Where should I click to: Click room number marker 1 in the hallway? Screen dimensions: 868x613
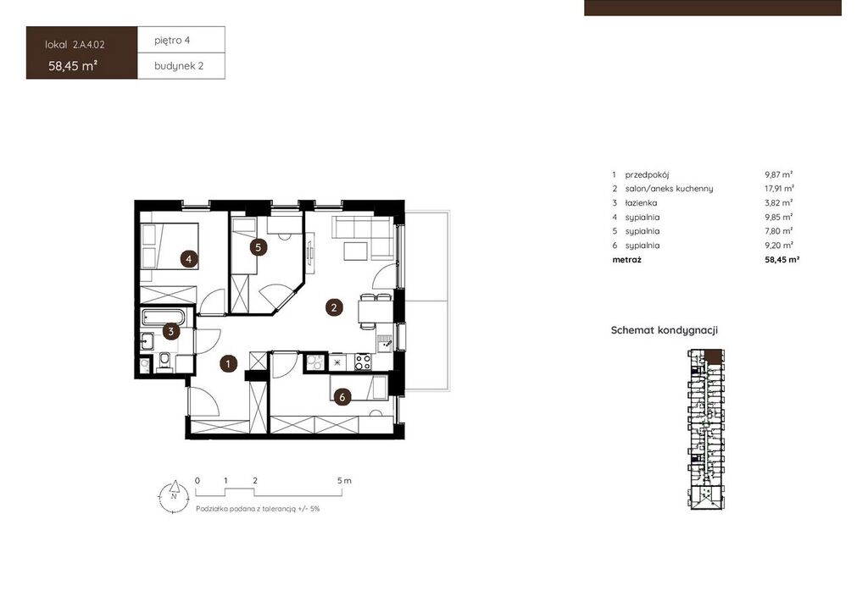[228, 364]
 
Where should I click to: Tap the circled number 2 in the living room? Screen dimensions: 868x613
[334, 307]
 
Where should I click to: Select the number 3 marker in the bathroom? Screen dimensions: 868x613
[171, 332]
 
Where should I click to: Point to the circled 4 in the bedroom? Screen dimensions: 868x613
[189, 259]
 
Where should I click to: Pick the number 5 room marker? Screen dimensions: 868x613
[259, 247]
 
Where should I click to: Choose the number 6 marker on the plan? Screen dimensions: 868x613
[342, 397]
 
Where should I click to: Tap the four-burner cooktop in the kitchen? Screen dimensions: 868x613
[363, 362]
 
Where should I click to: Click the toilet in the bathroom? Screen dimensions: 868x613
[164, 362]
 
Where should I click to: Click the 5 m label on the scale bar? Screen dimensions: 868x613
[344, 481]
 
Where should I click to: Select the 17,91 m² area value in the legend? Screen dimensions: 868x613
[780, 189]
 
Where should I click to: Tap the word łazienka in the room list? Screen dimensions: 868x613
[641, 203]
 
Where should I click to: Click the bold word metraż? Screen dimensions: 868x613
[626, 259]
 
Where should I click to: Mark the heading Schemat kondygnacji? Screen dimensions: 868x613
[665, 330]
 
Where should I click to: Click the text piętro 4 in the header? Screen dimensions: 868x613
[172, 41]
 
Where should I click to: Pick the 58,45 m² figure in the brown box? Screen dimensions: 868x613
[73, 66]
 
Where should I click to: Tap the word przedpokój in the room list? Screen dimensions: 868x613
[647, 174]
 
